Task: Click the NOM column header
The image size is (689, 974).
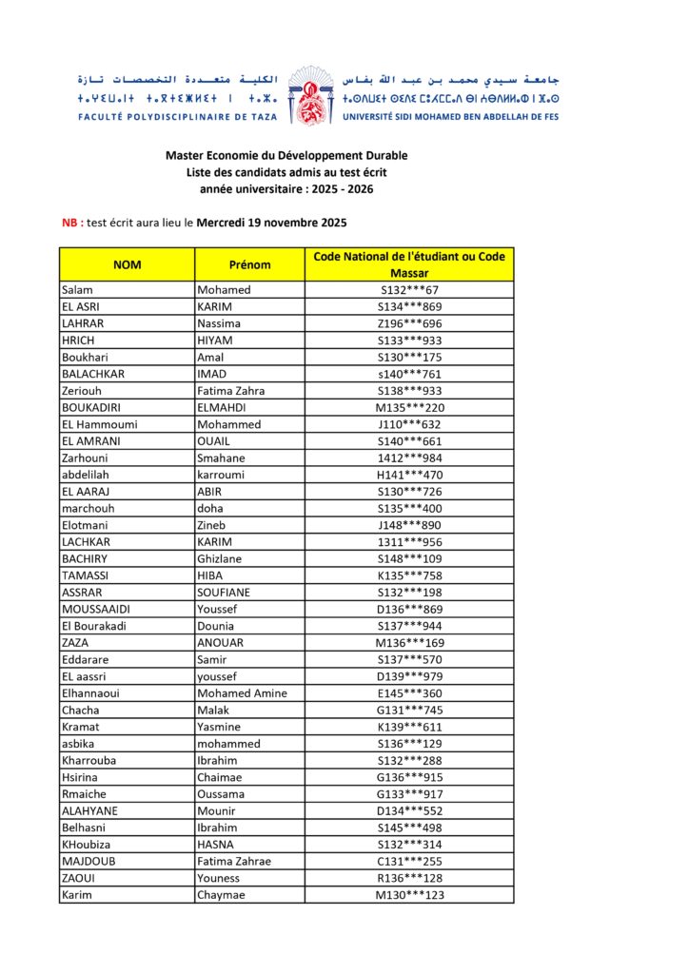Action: point(127,264)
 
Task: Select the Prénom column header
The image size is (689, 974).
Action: point(249,264)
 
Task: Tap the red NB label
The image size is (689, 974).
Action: point(69,223)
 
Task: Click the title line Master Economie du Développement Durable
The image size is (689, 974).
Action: point(286,155)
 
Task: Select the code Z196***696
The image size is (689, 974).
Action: point(409,323)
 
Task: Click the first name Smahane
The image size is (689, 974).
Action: point(223,458)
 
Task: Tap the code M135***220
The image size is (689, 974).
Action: point(409,407)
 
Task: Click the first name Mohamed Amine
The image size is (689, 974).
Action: point(242,692)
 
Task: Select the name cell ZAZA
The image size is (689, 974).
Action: point(75,642)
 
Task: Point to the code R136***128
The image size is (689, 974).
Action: point(409,878)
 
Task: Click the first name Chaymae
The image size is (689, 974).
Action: point(221,895)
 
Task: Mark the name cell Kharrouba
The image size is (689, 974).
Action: point(90,760)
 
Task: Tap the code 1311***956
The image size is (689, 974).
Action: point(409,541)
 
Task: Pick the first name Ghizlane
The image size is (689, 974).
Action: point(224,558)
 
